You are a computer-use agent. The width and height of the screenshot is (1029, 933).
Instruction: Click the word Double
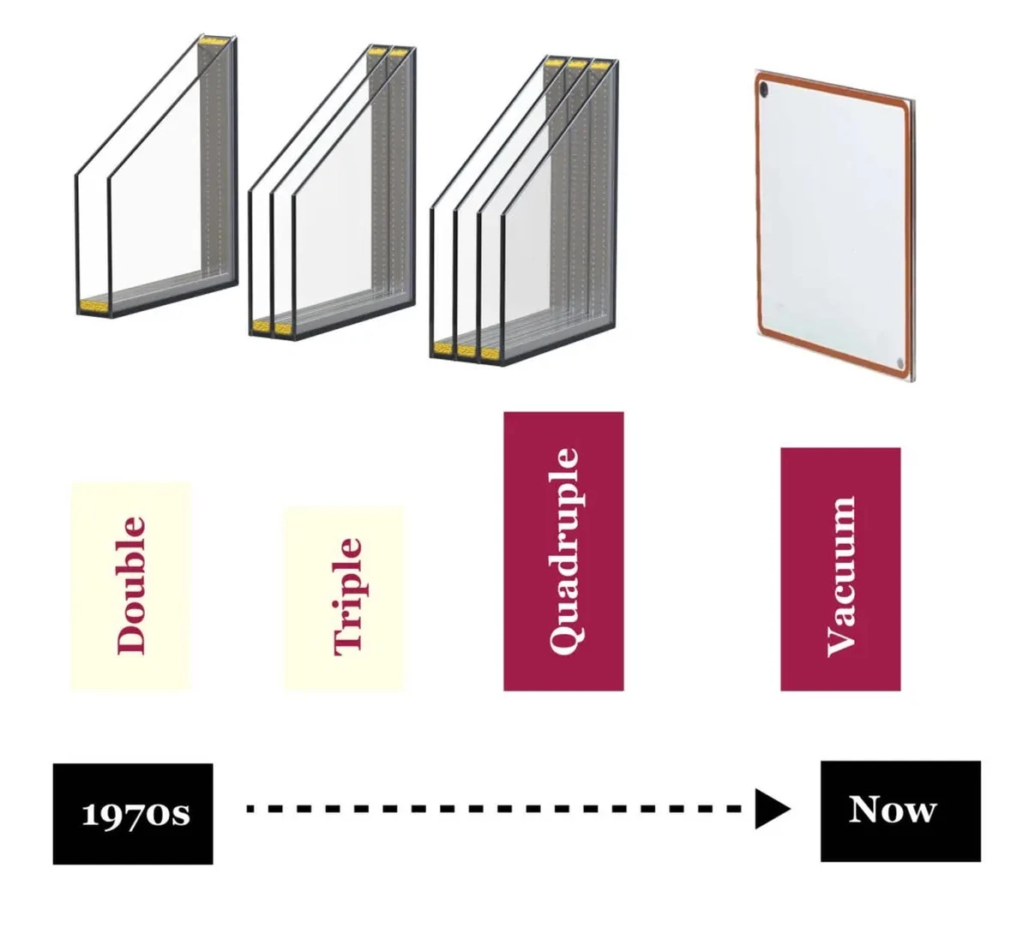(x=131, y=585)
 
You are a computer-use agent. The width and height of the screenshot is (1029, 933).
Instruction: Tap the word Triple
(x=348, y=597)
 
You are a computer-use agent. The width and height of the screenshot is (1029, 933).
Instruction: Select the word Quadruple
(x=564, y=552)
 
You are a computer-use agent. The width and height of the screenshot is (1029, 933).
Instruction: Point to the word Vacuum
(x=841, y=577)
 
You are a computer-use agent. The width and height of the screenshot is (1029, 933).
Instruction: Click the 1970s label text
(x=136, y=814)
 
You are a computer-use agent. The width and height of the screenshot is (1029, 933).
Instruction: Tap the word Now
(x=893, y=810)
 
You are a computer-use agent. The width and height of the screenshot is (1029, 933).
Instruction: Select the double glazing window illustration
(x=156, y=176)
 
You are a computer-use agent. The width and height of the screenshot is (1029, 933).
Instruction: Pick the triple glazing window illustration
(x=333, y=193)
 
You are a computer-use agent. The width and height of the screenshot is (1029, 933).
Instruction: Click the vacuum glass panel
(x=835, y=225)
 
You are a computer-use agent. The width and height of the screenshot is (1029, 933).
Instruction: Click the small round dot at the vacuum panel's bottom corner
(x=900, y=362)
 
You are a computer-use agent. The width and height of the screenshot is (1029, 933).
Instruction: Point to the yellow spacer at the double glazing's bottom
(x=93, y=306)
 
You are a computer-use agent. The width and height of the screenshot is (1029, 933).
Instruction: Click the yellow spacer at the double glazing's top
(x=214, y=40)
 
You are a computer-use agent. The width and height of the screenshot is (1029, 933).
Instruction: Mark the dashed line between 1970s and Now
(x=493, y=809)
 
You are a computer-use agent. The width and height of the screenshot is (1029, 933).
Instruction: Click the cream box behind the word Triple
(x=344, y=598)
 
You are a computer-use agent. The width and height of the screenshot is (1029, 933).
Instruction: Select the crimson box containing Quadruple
(x=563, y=551)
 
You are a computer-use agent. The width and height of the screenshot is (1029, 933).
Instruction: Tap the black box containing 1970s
(x=133, y=814)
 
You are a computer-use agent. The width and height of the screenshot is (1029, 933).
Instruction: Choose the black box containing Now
(x=900, y=811)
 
